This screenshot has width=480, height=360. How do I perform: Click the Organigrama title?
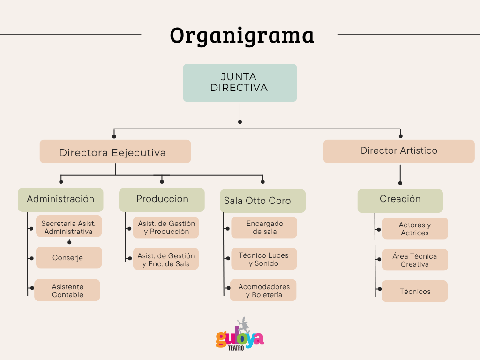click(x=242, y=35)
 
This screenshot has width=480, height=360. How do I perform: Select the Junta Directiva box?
click(x=240, y=82)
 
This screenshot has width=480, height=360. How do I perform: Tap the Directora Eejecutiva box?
click(x=115, y=151)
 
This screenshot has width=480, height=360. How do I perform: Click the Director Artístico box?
click(x=399, y=151)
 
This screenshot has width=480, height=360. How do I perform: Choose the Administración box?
click(x=60, y=200)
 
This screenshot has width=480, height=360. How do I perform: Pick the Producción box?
click(x=162, y=200)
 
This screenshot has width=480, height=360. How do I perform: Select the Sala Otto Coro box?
click(x=262, y=201)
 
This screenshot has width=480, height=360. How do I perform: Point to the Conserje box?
click(x=69, y=258)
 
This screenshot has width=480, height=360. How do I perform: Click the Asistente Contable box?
click(x=67, y=290)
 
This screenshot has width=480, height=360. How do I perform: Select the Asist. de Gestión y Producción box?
click(x=166, y=227)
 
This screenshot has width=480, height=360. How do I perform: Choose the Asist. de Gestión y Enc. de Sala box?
click(x=166, y=259)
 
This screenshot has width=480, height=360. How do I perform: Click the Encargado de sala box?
click(x=264, y=227)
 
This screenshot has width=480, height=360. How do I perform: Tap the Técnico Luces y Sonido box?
click(x=264, y=259)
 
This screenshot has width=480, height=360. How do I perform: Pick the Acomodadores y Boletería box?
click(x=263, y=290)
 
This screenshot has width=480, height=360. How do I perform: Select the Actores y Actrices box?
click(x=415, y=228)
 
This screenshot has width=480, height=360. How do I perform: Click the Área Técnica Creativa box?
click(x=415, y=260)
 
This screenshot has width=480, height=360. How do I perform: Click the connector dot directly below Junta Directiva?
click(x=240, y=122)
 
